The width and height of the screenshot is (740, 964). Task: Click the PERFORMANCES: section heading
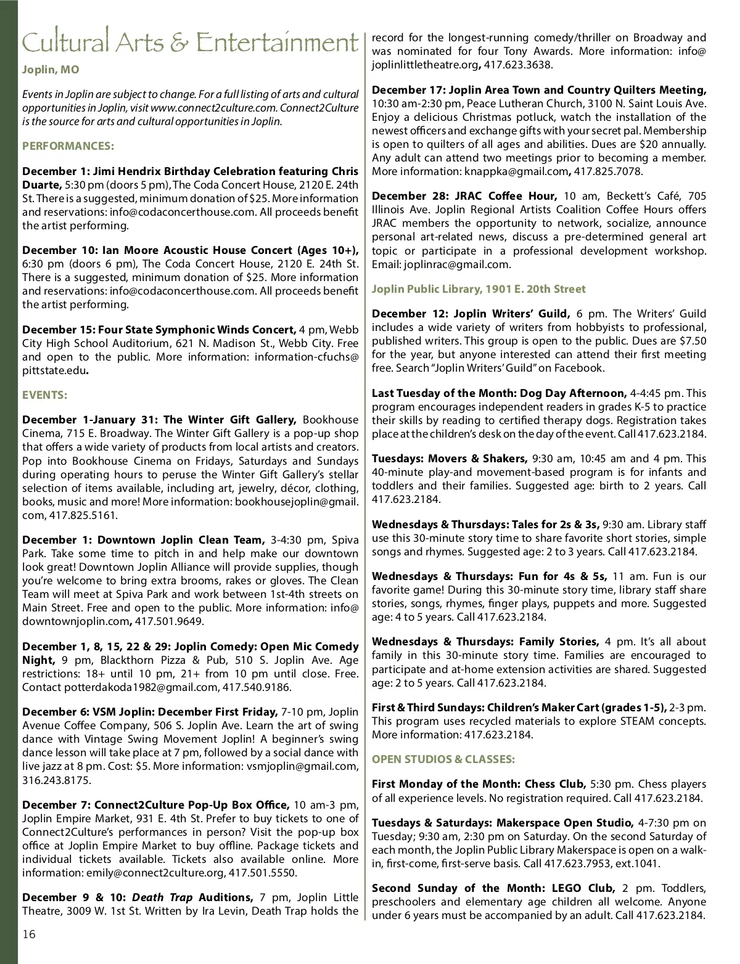(x=68, y=146)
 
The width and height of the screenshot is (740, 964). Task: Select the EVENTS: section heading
(x=44, y=395)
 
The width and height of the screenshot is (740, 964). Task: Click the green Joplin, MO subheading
(x=51, y=70)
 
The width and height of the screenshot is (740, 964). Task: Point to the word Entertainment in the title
(x=277, y=43)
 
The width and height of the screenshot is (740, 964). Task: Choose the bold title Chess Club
(x=554, y=784)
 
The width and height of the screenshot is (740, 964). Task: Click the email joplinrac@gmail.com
(x=457, y=264)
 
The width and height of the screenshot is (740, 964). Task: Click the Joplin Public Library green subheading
(x=479, y=289)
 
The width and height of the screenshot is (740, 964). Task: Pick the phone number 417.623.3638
(x=518, y=65)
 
